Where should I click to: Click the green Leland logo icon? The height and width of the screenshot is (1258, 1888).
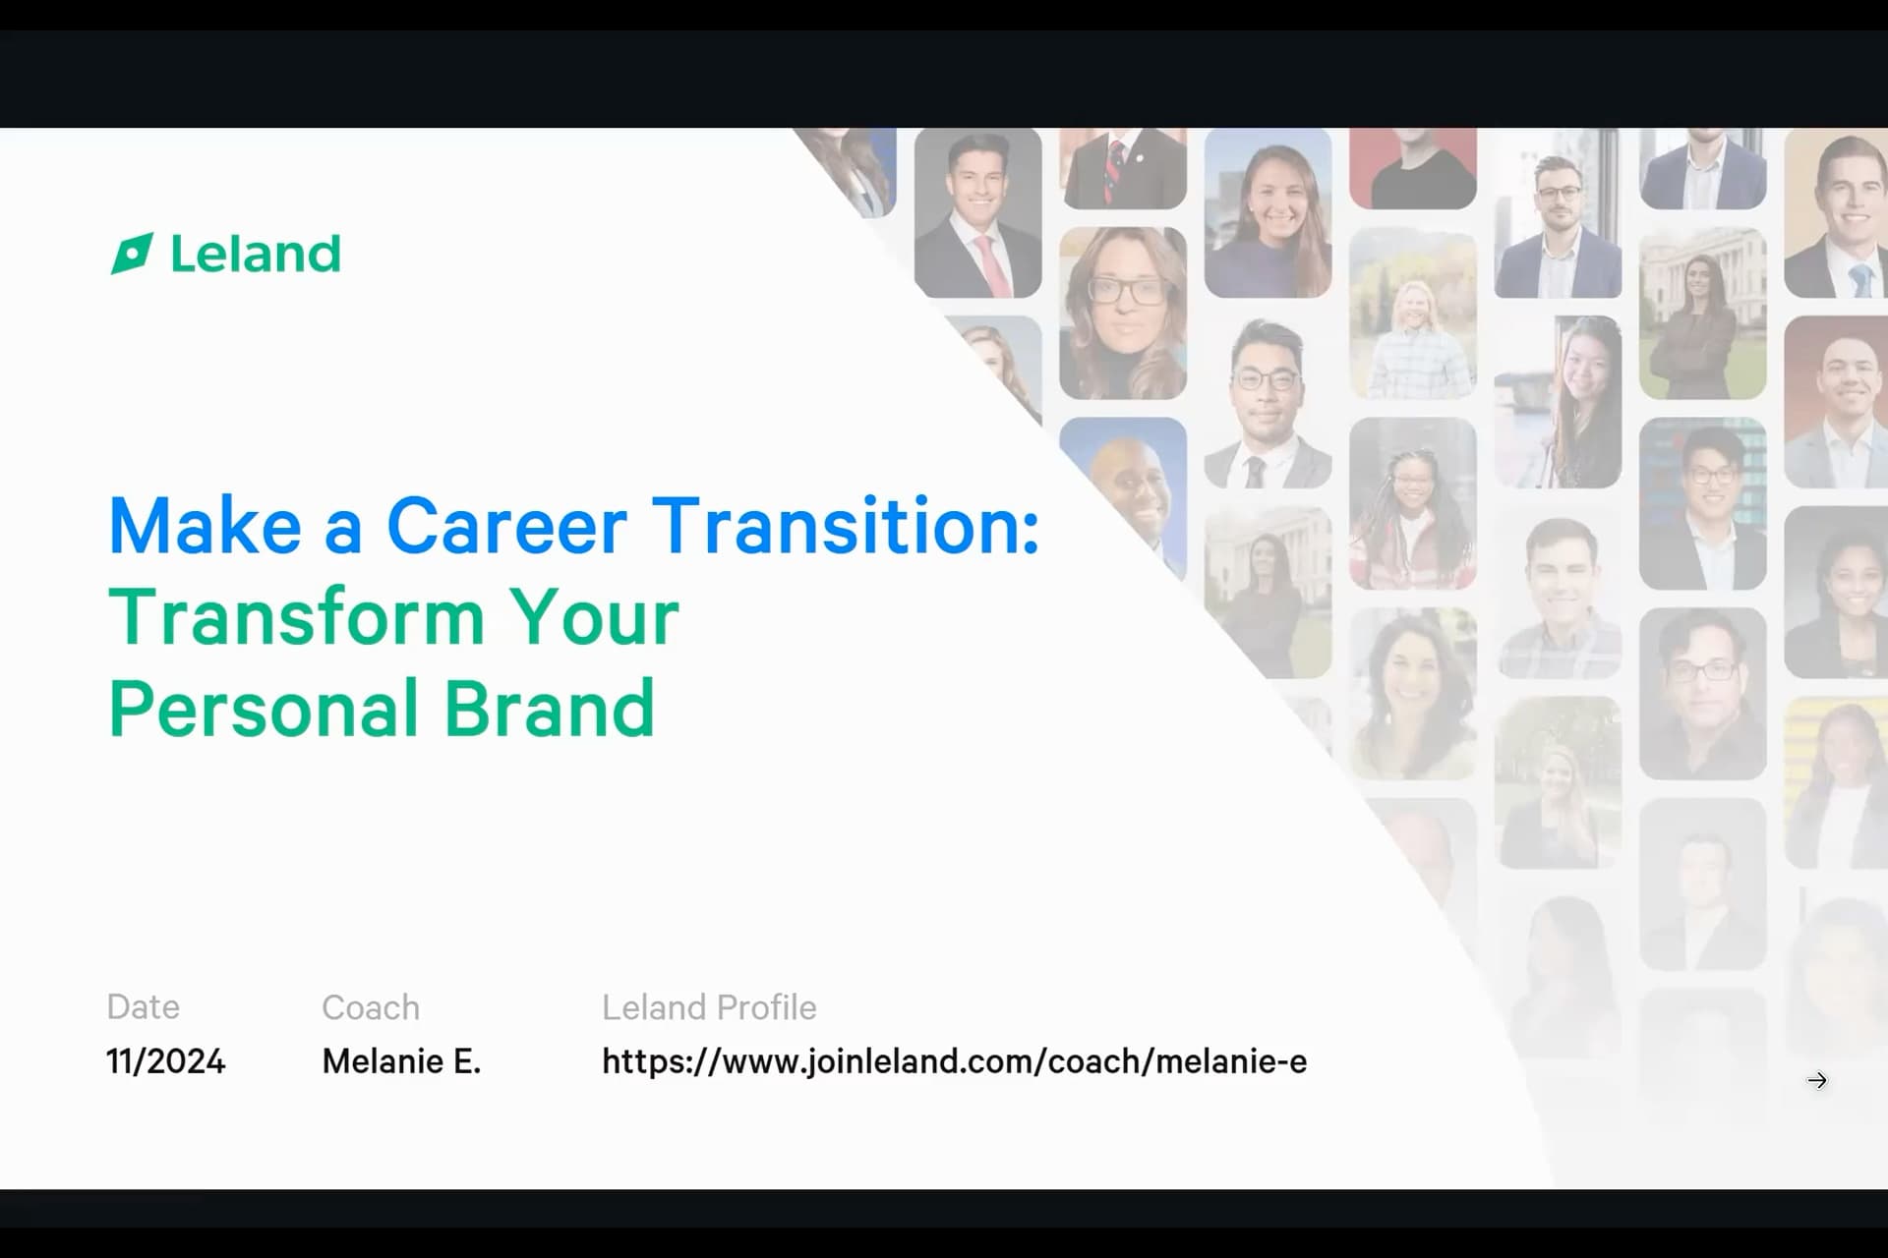[132, 254]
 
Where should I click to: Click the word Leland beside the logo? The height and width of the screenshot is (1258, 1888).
[256, 254]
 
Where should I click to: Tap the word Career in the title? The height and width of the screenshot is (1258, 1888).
[506, 527]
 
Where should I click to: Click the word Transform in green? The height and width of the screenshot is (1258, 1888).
[296, 617]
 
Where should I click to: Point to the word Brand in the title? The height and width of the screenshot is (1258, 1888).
[549, 708]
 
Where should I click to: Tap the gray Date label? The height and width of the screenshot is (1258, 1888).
[144, 1007]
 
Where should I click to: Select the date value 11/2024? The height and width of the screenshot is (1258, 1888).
[166, 1061]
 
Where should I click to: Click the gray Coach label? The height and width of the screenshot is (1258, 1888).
[371, 1007]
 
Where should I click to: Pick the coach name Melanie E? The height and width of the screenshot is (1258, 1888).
[401, 1061]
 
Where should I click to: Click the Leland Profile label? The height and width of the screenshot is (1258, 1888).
[709, 1007]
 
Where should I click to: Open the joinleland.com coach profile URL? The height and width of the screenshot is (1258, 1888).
[955, 1061]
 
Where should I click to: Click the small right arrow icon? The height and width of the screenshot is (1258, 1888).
[1817, 1081]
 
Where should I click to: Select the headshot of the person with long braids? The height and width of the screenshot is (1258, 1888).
[1413, 503]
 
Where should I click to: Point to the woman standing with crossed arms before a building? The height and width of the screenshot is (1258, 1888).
[1703, 314]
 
